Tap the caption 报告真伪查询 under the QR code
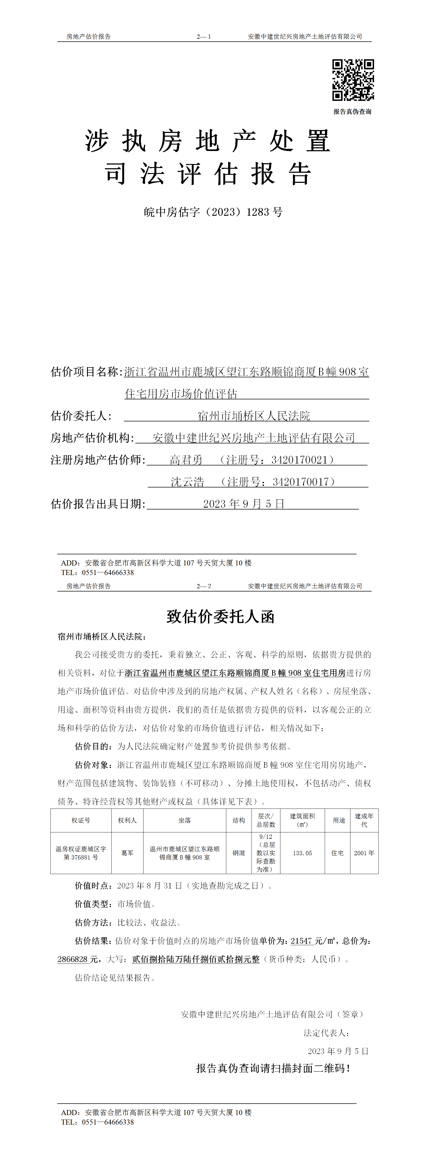[352, 111]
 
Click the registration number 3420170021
[300, 460]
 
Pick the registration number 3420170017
[301, 482]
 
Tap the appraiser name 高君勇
[186, 460]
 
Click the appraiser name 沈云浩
[187, 482]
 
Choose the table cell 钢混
[238, 853]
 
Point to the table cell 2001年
[364, 853]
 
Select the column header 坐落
[185, 820]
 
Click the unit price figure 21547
[301, 941]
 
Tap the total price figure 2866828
[72, 959]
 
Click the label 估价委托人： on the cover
[81, 416]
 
